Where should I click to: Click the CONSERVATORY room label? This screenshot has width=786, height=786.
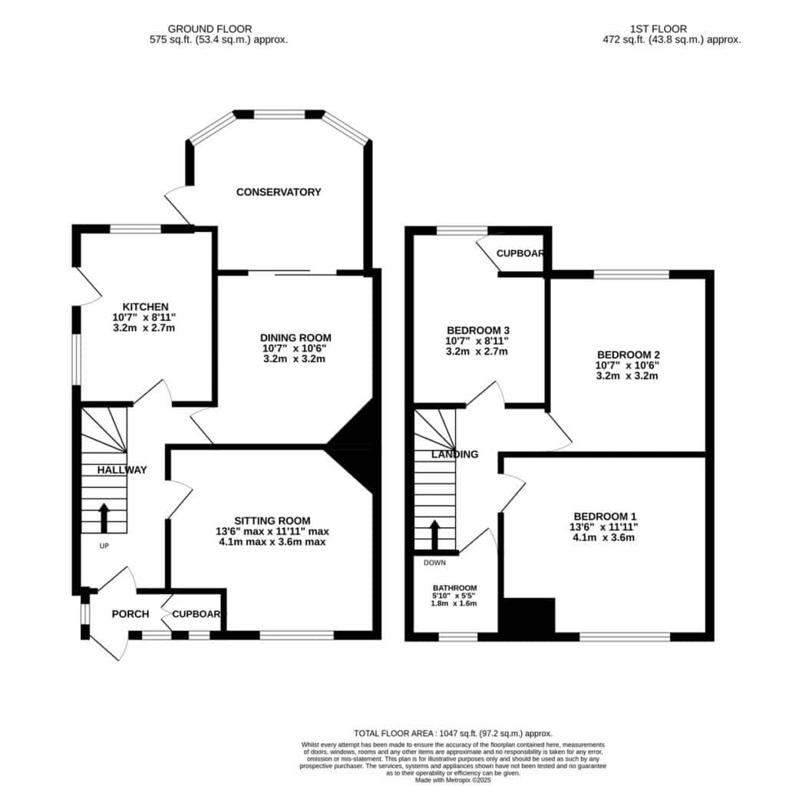(x=279, y=192)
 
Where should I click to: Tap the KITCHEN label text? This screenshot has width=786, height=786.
(x=145, y=307)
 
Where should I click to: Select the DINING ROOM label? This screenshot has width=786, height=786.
(x=296, y=338)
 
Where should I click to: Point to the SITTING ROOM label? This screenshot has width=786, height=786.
(x=272, y=521)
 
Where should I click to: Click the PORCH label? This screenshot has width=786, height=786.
(x=130, y=614)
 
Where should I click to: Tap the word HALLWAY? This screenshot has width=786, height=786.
(x=122, y=471)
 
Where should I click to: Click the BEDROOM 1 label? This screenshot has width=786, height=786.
(x=605, y=517)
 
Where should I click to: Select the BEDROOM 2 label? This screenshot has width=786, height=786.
(x=628, y=355)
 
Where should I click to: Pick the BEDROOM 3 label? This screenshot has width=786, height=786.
(x=478, y=330)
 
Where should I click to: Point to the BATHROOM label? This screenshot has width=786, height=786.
(x=454, y=588)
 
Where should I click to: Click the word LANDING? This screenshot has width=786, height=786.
(x=454, y=454)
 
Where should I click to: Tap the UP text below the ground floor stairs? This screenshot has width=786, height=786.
(x=104, y=546)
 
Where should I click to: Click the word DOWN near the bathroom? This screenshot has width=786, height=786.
(x=434, y=563)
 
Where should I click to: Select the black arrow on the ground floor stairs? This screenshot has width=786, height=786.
(x=104, y=518)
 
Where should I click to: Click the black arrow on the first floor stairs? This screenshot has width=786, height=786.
(x=434, y=535)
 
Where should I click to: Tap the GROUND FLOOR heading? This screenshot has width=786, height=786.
(x=210, y=29)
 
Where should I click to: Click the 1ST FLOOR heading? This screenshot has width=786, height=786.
(x=658, y=29)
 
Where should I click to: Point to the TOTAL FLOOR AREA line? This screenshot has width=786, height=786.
(x=453, y=733)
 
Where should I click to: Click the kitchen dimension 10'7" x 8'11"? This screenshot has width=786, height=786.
(x=144, y=317)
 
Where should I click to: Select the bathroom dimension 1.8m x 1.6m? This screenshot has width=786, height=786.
(x=454, y=603)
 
